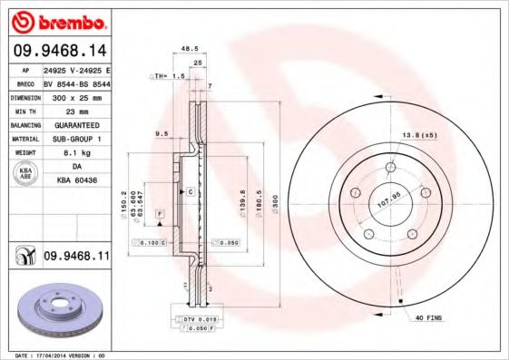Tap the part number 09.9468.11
(76, 258)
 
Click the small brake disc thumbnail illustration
(55, 314)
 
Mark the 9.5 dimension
(163, 134)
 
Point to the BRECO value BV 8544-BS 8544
(76, 82)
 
